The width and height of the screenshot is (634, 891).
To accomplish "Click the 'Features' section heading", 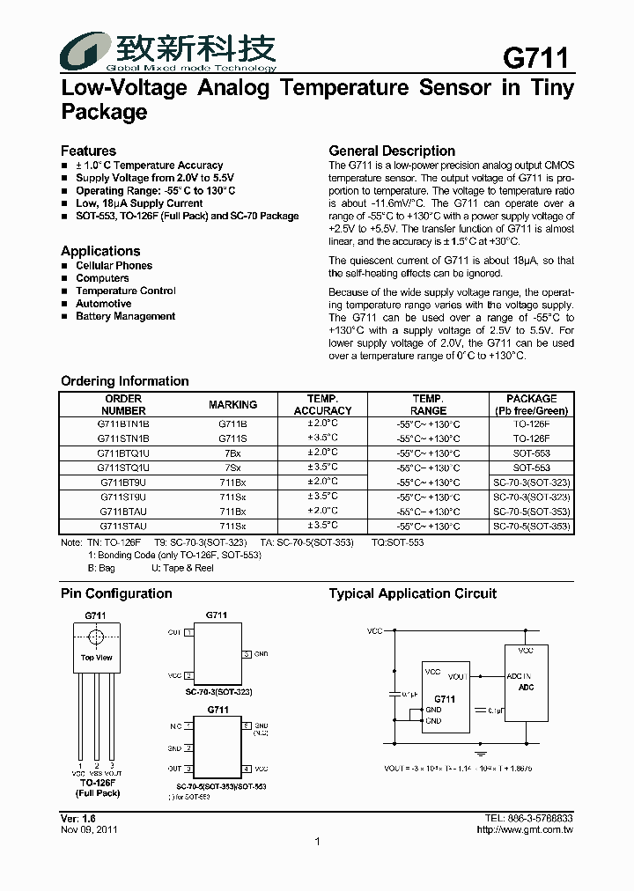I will pos(88,151).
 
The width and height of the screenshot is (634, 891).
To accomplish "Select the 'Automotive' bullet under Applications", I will pos(103,304).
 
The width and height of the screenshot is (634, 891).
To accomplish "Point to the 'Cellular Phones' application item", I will pos(114,265).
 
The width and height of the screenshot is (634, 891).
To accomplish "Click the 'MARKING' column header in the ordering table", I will pos(232,405).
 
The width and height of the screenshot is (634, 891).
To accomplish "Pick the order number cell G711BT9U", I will pos(123,482).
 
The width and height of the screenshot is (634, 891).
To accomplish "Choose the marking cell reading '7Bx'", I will pos(232,453).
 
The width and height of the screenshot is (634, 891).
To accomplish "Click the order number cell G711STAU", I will pos(123,526).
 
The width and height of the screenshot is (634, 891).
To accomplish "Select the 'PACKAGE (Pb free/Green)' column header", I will pos(531,405).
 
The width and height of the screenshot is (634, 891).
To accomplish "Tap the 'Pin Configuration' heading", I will pos(116,593).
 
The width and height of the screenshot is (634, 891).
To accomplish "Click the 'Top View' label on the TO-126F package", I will pos(97,658).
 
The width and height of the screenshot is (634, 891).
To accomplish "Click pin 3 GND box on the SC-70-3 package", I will pos(246,654).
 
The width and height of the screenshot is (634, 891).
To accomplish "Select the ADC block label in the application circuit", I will pos(526,688).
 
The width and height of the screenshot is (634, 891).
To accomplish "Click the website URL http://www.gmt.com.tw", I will pos(525,829).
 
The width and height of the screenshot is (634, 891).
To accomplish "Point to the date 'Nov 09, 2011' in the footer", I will pos(89,829).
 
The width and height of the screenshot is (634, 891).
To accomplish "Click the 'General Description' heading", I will pos(392,151).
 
